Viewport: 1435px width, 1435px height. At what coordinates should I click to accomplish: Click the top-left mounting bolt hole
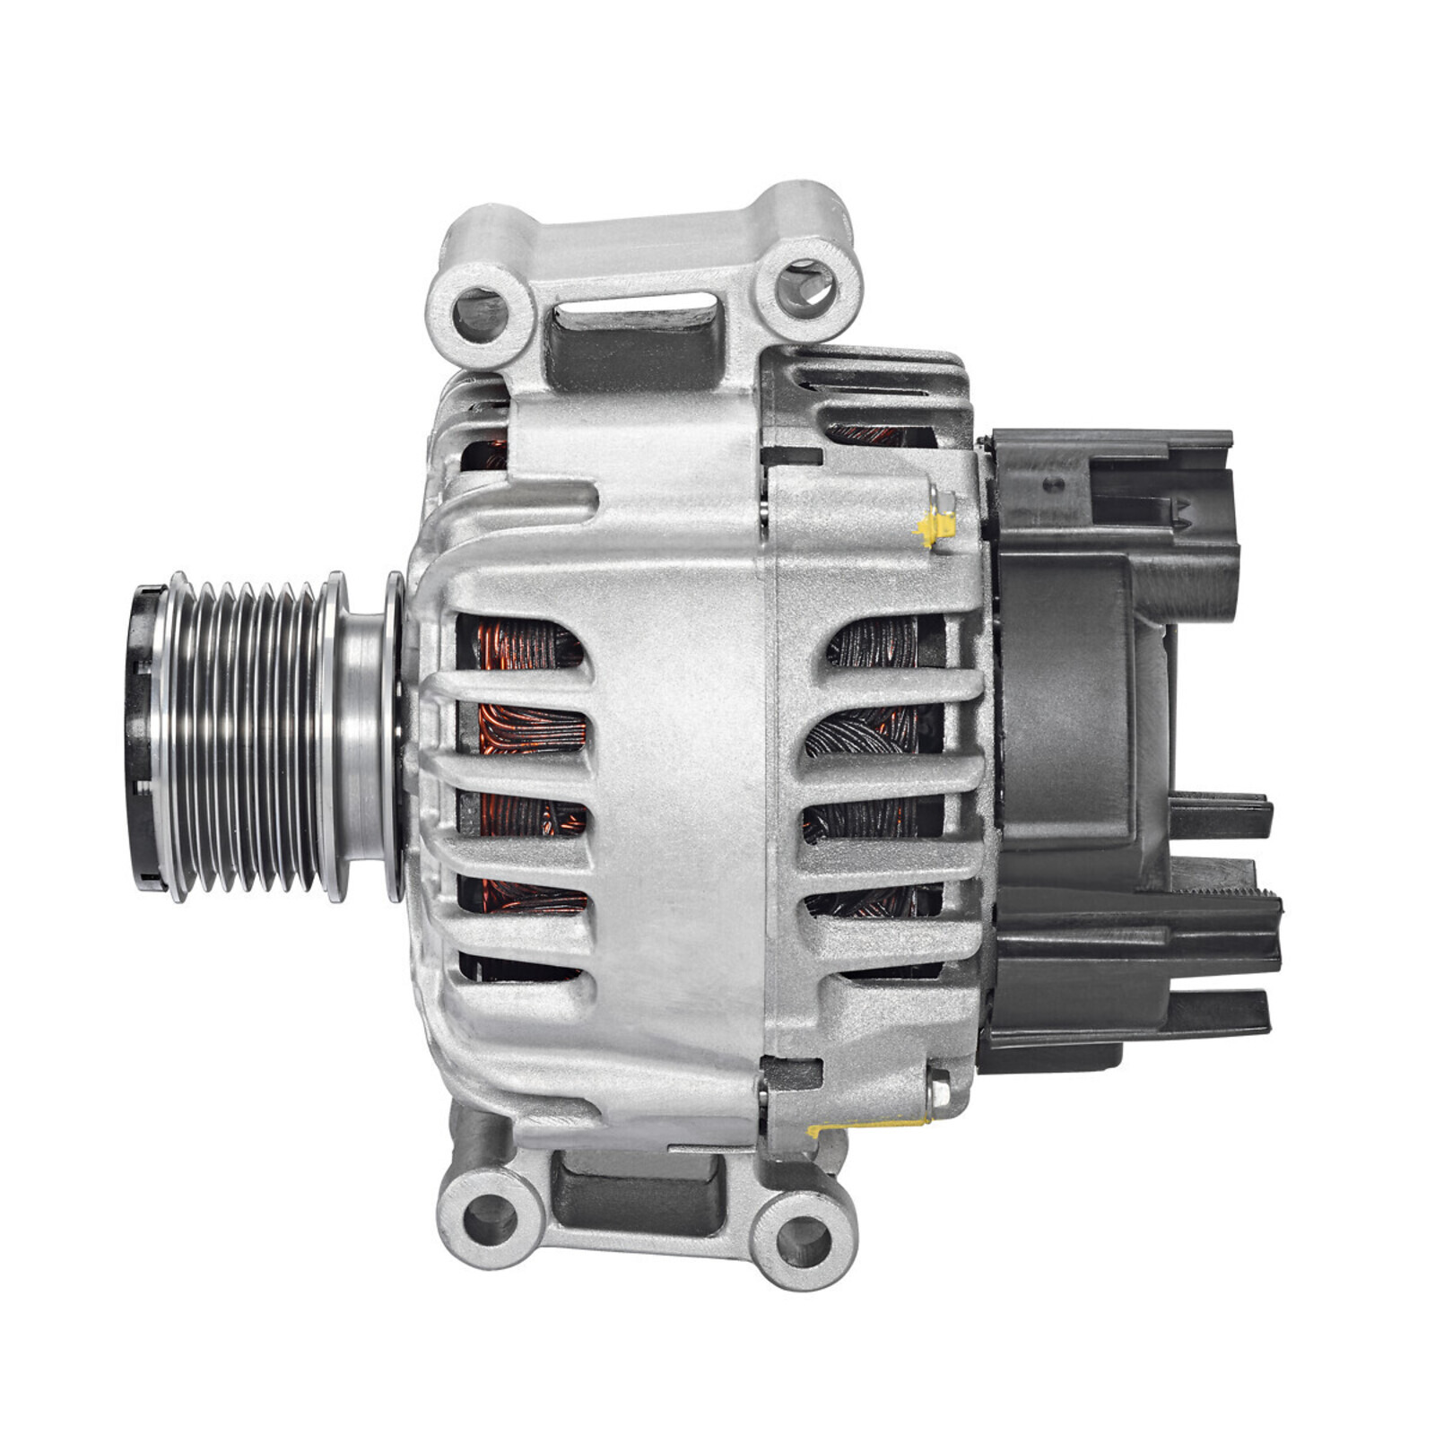click(479, 314)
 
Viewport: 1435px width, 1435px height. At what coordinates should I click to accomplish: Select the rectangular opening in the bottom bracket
click(639, 1188)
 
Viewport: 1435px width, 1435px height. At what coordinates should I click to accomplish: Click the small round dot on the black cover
click(1053, 484)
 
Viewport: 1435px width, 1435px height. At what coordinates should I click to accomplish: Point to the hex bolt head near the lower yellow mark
click(939, 1090)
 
